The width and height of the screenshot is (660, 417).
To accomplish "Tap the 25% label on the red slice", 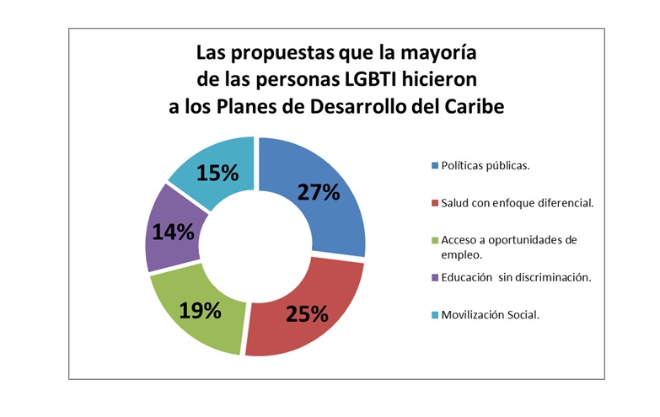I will [x=306, y=314].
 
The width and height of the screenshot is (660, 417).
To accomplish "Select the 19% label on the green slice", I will [x=200, y=309].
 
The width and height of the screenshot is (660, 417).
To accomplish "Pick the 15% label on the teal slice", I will [x=217, y=174].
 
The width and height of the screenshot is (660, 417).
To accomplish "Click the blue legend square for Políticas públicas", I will [x=434, y=165].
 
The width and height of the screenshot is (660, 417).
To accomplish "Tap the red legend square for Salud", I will [x=434, y=202].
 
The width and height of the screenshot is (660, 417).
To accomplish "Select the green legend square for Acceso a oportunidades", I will [x=434, y=240].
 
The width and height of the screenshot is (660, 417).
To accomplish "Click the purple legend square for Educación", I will [x=434, y=278].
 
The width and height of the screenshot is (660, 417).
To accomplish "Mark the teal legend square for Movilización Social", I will [x=434, y=314].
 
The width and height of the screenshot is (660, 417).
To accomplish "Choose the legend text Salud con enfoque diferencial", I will [x=514, y=202].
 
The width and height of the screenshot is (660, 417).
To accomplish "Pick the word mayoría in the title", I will [x=438, y=53].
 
